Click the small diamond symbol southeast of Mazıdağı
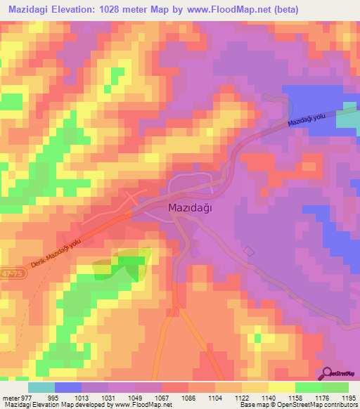pos(247,251)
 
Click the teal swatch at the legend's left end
pos(41,387)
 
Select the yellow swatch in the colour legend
pos(281,387)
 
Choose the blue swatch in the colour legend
pos(68,387)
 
